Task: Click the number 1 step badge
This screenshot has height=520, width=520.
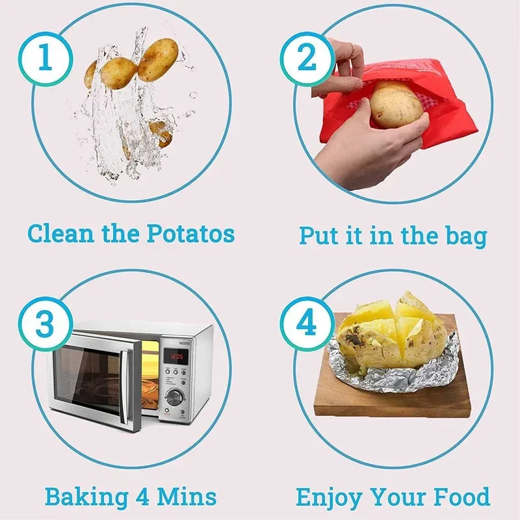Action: pos(45,58)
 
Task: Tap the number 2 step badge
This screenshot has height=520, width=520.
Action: pos(306,58)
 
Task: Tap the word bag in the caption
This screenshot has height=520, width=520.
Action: pos(462,235)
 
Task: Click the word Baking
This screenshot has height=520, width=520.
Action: pos(86,498)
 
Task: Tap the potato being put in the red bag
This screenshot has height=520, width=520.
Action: pos(396,105)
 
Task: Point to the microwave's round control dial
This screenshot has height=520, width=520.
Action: pos(174,397)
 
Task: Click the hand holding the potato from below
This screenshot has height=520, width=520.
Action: pos(364,149)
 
